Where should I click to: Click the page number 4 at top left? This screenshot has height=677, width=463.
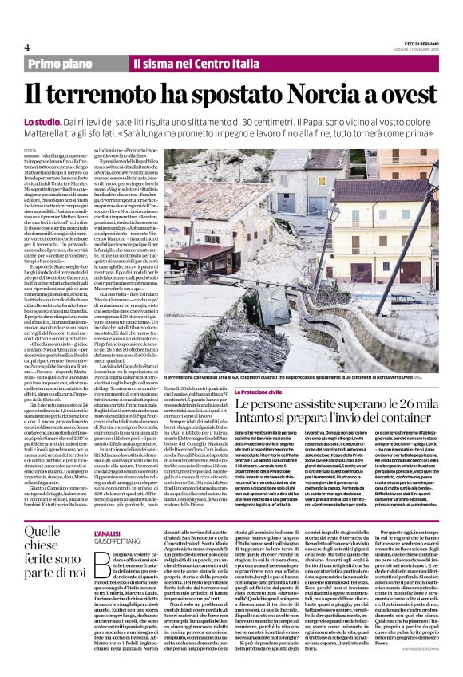tap(26, 46)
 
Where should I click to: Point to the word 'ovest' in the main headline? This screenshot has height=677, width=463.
tap(405, 93)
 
